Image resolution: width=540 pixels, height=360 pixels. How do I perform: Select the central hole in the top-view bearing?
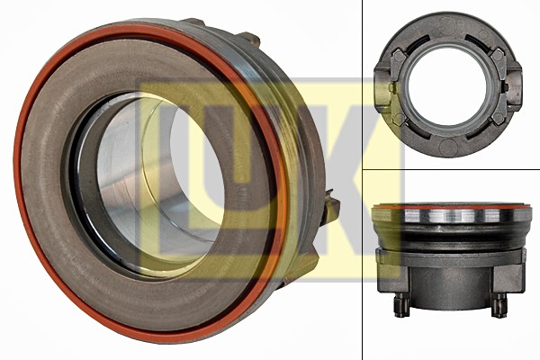tap(446, 87)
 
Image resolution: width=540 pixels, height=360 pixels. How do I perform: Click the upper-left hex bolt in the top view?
tap(399, 56)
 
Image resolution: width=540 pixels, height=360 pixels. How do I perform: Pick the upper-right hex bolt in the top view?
tap(496, 56)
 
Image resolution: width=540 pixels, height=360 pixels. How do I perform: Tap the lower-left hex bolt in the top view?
tap(399, 119)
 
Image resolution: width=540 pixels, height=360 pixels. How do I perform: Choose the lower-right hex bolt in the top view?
tap(496, 119)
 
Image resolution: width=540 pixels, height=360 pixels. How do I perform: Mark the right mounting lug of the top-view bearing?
tap(515, 87)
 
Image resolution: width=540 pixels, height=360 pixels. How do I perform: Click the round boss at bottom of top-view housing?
tap(447, 148)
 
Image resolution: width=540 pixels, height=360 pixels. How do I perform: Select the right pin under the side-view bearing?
tap(498, 306)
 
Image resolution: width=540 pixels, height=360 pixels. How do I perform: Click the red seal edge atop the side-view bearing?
tap(450, 206)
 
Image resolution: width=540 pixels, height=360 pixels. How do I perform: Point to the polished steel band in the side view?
tap(450, 216)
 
